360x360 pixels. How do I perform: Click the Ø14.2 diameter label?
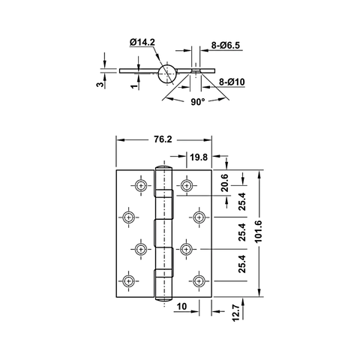tap(142, 42)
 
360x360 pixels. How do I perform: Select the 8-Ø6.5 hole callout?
tap(225, 46)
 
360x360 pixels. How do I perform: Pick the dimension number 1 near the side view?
tap(133, 87)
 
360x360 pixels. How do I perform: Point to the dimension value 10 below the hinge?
tap(182, 307)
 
